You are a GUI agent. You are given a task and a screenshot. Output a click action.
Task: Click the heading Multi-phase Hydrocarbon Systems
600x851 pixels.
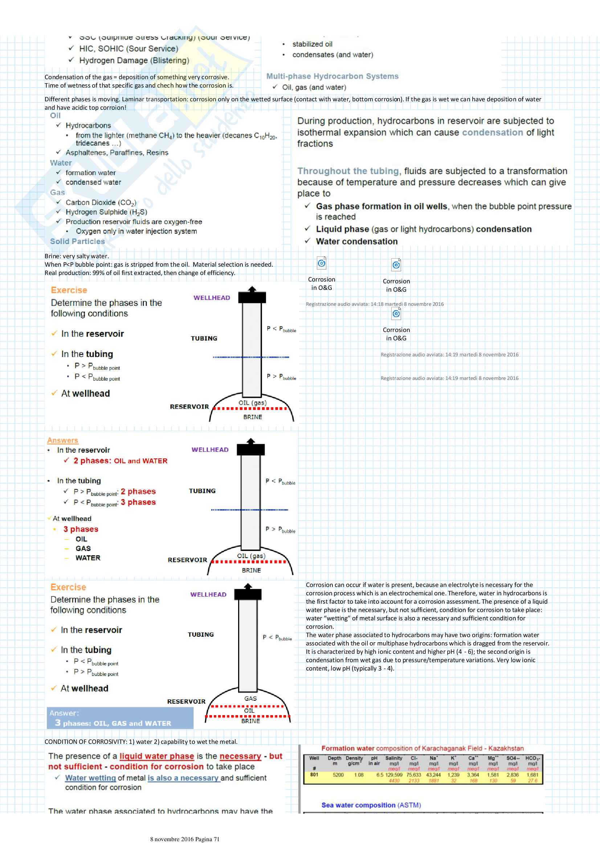(x=332, y=76)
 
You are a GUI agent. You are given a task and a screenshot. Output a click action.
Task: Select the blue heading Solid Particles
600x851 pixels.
(x=77, y=241)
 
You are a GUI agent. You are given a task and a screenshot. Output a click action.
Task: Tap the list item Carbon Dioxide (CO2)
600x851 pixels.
(x=101, y=202)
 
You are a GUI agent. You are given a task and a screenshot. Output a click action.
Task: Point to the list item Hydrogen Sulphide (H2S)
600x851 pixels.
(x=106, y=212)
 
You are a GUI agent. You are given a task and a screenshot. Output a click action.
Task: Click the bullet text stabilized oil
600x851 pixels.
(x=312, y=44)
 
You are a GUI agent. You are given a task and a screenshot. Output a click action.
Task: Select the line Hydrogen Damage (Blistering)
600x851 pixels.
(x=134, y=60)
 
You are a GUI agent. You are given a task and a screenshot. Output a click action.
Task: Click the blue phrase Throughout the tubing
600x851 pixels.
(x=348, y=171)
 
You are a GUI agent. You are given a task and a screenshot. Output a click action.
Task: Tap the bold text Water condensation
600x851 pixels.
(x=357, y=241)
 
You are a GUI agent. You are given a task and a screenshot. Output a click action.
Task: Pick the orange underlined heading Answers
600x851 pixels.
(x=62, y=440)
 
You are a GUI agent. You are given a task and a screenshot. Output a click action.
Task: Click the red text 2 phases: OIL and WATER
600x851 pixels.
(x=121, y=461)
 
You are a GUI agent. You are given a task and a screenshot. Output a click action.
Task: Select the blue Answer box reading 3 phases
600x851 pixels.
(x=120, y=718)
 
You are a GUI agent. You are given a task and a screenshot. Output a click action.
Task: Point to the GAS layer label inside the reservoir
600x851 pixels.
(x=250, y=698)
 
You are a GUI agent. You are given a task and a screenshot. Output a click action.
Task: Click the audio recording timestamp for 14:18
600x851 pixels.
(x=375, y=304)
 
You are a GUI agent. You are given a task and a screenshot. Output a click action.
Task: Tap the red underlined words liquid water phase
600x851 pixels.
(x=157, y=756)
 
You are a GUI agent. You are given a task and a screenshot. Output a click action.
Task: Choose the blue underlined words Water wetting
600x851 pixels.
(x=90, y=778)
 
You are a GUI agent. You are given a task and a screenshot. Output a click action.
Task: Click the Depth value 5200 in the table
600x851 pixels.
(x=338, y=775)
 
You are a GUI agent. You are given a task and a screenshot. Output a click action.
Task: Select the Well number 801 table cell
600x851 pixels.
(x=314, y=775)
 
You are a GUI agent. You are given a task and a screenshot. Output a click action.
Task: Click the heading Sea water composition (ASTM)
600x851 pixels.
(x=371, y=805)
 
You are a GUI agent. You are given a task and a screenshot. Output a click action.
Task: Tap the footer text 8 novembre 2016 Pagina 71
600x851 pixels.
(x=185, y=839)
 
